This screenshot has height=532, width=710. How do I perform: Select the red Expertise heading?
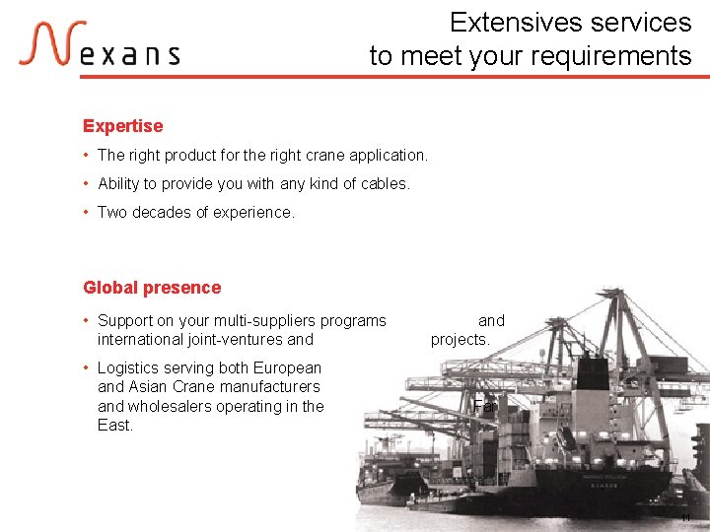(122, 126)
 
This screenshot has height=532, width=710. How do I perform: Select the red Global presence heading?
(152, 288)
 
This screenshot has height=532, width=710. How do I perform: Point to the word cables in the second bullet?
(384, 183)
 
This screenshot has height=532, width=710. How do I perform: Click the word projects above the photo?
(460, 339)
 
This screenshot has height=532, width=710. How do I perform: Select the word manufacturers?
(271, 386)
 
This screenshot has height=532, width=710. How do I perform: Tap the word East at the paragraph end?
(114, 425)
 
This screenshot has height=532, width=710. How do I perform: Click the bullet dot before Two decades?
(88, 212)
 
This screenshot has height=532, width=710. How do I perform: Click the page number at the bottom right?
(686, 518)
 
